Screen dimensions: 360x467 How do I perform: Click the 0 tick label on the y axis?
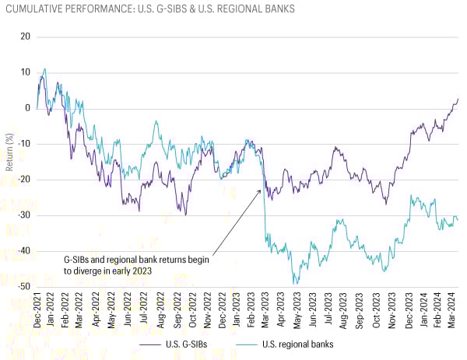point(28,108)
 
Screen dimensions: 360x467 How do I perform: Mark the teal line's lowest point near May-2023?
point(295,283)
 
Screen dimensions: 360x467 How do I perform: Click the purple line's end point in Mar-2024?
point(458,99)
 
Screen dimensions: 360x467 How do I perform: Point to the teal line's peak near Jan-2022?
point(44,69)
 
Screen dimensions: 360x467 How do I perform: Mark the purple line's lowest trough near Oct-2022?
point(185,215)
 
